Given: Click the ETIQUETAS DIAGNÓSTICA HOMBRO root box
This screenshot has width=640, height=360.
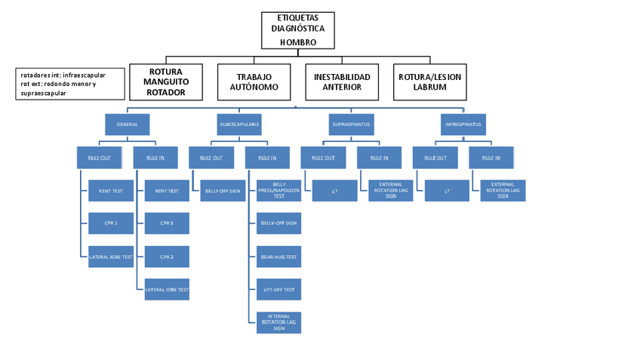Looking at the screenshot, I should coord(297,30).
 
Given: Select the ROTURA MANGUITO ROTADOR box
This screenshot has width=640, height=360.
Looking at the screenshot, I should coord(166,82).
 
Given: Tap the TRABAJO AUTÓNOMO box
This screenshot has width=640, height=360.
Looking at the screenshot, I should coord(254,82).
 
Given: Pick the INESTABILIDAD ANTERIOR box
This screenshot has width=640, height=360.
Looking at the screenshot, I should coord(342,82).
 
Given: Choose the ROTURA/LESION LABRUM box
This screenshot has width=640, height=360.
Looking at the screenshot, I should coord(430,82).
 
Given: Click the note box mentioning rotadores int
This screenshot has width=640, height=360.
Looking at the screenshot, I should coord(70,85).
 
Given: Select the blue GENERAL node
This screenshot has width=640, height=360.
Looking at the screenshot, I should coord(127,123).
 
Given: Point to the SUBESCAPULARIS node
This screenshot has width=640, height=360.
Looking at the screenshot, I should coord(239,123).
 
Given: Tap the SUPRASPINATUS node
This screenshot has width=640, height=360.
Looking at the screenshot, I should coord(351,123).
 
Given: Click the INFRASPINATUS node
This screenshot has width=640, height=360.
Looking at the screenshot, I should coord(463,123).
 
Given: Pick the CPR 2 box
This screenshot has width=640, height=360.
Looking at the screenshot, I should coord(166,257).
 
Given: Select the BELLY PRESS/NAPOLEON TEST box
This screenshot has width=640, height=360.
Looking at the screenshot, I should coord(278,190).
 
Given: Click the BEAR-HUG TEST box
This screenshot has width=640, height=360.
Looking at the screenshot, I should coord(278,257).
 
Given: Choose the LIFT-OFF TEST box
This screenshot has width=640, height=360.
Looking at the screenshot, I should coord(278,289).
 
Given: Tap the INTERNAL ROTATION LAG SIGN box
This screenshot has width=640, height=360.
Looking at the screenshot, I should coord(278,323).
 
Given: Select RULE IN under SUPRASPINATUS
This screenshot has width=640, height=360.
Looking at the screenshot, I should coord(379,158).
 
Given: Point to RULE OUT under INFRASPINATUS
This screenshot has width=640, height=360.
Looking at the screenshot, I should coord(435,158).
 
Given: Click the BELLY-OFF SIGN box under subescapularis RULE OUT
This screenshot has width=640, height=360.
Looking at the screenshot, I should coord(223,191).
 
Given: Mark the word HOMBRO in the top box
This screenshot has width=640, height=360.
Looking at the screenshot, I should coord(297,42).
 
